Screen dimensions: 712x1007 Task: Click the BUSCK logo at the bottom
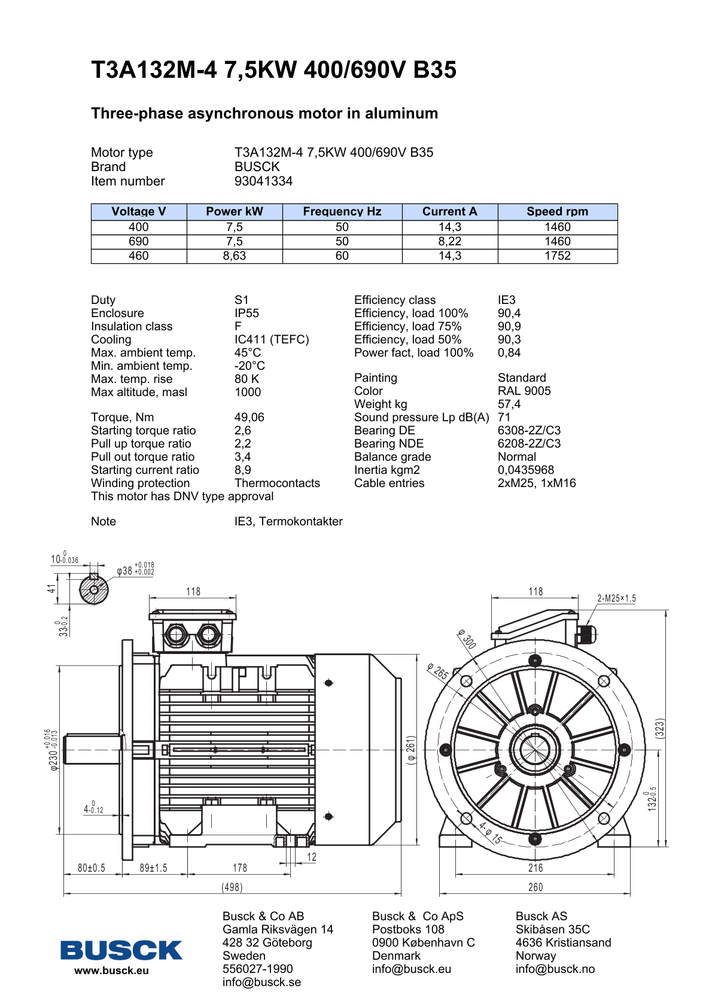(121, 950)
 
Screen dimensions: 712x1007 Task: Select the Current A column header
(449, 211)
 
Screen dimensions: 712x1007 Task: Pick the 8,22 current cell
(449, 241)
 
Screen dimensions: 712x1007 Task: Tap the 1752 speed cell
(558, 256)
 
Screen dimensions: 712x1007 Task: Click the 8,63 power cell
(234, 256)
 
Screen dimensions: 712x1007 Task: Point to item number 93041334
(263, 181)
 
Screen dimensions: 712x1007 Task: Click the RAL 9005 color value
(524, 391)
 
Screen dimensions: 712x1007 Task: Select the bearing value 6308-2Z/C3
(529, 431)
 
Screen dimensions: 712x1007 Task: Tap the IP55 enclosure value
(247, 314)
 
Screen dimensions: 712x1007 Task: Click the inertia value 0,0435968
(525, 470)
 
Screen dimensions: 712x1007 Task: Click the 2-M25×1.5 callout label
(616, 598)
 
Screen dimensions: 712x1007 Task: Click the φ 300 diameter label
(467, 639)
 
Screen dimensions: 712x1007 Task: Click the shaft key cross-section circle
(94, 590)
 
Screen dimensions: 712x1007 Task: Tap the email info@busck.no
(555, 969)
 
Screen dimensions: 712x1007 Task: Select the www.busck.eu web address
(111, 971)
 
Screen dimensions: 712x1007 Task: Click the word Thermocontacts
(277, 483)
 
